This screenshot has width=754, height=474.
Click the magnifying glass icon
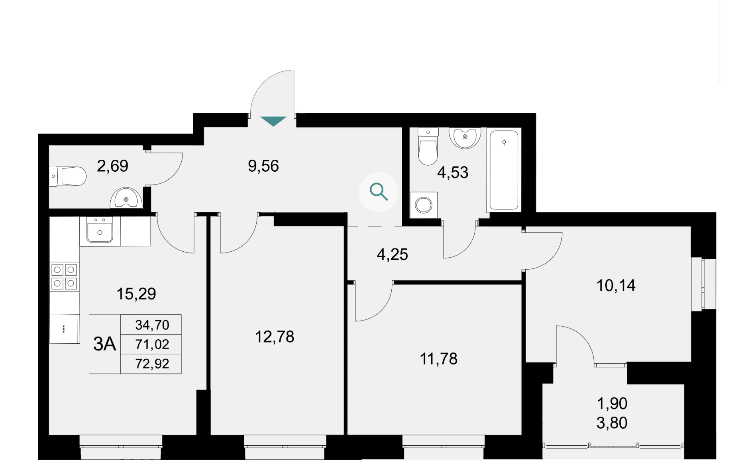tap(379, 192)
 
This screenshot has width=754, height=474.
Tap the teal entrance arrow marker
tap(273, 121)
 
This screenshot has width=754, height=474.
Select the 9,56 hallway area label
tap(263, 166)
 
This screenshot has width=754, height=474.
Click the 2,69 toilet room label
tap(112, 166)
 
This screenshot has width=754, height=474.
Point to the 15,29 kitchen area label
tap(136, 294)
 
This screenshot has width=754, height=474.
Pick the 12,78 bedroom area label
tap(275, 337)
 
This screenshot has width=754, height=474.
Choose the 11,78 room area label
tap(439, 359)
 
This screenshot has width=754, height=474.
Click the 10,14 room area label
tap(616, 286)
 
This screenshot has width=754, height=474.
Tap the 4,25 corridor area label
tap(393, 255)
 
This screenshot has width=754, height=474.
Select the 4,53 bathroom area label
tap(453, 172)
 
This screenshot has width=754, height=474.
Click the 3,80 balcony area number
tap(612, 423)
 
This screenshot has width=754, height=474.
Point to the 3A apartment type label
tap(104, 344)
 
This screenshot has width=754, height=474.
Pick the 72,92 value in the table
tap(152, 364)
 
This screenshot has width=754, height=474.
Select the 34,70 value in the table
tap(152, 325)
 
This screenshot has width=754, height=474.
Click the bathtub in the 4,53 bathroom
tap(504, 170)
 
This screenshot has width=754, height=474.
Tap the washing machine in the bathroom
tap(424, 205)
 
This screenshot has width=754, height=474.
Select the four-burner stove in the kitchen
tap(64, 276)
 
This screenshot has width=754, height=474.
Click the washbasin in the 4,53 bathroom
tap(465, 138)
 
